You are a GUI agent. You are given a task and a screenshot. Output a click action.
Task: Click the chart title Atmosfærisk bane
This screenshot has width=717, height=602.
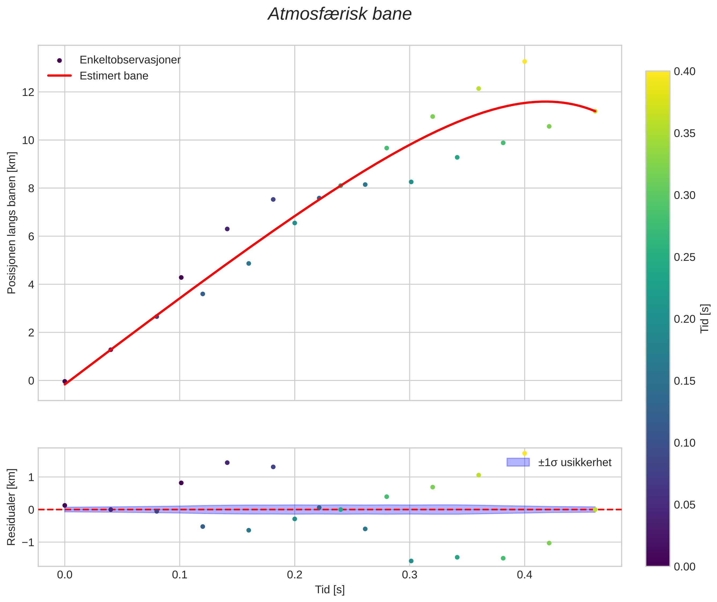click(x=340, y=14)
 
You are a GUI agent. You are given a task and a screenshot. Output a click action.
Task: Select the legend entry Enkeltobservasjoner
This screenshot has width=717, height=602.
click(x=130, y=60)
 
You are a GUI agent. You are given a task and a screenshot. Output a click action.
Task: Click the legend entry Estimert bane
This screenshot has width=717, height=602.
click(x=114, y=76)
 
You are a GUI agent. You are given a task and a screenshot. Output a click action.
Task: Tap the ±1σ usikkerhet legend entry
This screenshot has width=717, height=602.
click(x=575, y=462)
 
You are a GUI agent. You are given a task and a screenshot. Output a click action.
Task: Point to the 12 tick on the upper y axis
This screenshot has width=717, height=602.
click(x=28, y=92)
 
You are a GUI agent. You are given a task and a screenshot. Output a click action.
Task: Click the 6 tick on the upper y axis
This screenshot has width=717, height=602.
click(x=31, y=236)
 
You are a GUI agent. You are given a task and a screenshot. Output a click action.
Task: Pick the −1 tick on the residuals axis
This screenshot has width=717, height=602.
click(x=26, y=542)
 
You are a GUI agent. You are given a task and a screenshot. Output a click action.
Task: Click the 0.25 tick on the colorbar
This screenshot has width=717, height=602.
click(x=685, y=257)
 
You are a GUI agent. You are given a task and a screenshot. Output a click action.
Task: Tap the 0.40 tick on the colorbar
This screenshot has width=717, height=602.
click(x=685, y=71)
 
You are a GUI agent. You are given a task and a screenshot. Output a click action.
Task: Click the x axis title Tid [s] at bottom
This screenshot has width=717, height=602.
click(x=330, y=590)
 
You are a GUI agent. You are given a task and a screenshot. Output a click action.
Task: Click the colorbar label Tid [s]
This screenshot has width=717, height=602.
click(x=705, y=319)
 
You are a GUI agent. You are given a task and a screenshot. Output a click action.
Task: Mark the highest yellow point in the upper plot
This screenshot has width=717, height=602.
click(x=524, y=61)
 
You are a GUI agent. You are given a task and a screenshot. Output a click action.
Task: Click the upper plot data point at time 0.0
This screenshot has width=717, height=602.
click(x=65, y=381)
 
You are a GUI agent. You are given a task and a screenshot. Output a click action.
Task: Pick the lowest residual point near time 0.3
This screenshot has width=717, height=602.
click(x=411, y=561)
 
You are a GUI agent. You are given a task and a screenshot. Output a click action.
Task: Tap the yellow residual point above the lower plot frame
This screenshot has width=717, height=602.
click(x=524, y=453)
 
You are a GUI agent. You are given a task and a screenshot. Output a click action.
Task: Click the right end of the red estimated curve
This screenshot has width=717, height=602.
click(x=595, y=111)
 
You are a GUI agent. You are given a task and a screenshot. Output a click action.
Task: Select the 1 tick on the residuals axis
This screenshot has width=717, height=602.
click(x=31, y=477)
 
